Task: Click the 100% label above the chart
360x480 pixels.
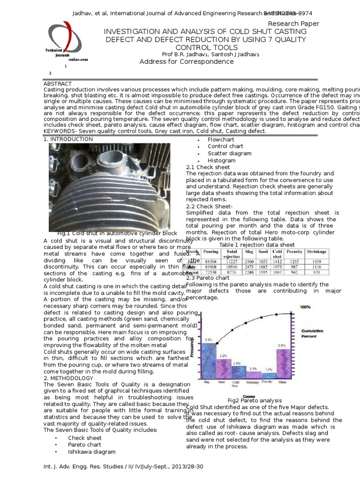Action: pos(305,307)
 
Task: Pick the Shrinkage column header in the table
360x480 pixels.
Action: pos(317,252)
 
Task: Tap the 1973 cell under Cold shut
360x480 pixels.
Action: pos(277,267)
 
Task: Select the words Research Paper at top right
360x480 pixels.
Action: pos(293,23)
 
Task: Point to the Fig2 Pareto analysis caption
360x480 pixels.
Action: pos(255,400)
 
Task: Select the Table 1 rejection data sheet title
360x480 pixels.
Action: pos(257,245)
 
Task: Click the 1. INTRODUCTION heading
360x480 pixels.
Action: pos(68,139)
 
